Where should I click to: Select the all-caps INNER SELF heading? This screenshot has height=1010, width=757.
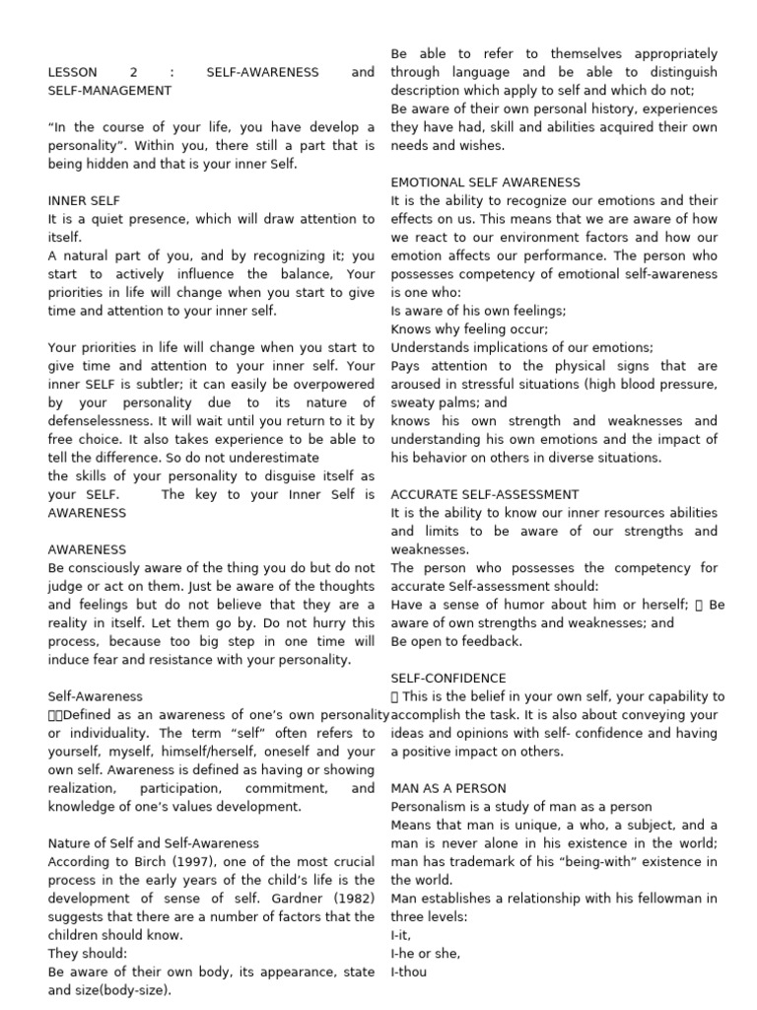[x=84, y=200]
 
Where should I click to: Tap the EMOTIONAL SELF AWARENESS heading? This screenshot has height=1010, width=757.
[x=485, y=182]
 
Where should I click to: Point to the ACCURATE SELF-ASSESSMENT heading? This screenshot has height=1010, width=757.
[x=484, y=494]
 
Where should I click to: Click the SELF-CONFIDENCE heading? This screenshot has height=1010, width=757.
[x=448, y=679]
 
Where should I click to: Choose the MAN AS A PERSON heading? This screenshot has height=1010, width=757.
[x=448, y=788]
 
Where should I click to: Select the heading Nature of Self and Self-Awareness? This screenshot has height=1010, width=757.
[x=154, y=843]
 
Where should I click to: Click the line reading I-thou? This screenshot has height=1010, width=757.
[x=409, y=972]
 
